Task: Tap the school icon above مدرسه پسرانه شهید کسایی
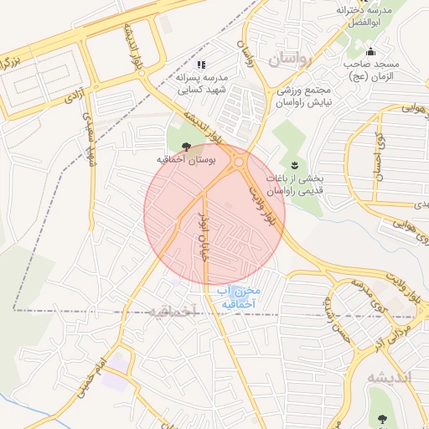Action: click(200, 64)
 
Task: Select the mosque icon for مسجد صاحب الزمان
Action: click(371, 53)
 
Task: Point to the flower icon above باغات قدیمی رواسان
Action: click(294, 164)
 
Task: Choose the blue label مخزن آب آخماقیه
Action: click(240, 297)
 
